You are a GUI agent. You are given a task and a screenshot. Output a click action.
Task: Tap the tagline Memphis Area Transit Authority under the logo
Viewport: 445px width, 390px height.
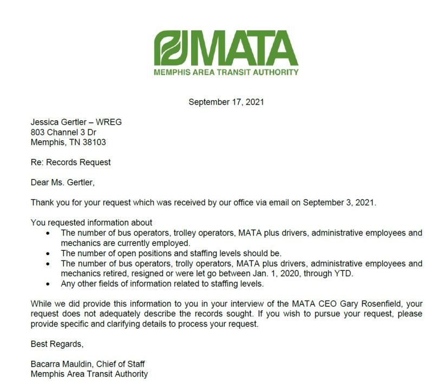pyautogui.click(x=226, y=72)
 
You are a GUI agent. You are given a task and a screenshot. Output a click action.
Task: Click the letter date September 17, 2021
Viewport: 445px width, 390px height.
pyautogui.click(x=226, y=101)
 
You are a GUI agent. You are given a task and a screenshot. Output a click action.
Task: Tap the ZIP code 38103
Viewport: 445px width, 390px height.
pyautogui.click(x=94, y=142)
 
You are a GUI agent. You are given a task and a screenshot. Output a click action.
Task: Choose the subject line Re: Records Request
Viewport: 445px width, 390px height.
pyautogui.click(x=70, y=162)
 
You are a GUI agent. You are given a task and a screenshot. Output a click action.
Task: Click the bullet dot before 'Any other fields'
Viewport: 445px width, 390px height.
pyautogui.click(x=49, y=283)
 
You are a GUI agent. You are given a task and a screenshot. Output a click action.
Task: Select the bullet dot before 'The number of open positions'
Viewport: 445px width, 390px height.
pyautogui.click(x=49, y=253)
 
